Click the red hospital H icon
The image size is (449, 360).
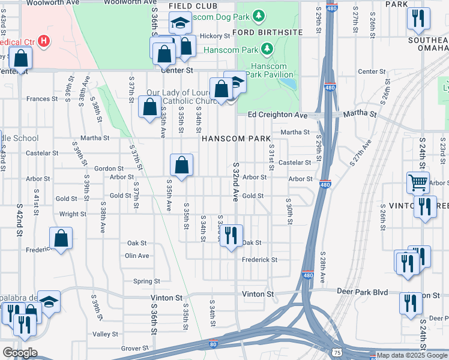[x=43, y=41]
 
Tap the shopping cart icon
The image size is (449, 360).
[x=418, y=181]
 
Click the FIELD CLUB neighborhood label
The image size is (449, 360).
[x=188, y=6]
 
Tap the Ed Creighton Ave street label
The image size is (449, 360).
[x=277, y=115]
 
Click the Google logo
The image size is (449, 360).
[x=20, y=353]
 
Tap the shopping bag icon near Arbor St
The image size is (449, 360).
[x=181, y=164]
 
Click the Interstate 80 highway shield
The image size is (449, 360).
[x=214, y=344]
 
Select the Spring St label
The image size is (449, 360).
[x=146, y=281]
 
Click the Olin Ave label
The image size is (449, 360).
[x=137, y=256]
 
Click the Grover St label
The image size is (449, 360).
[x=134, y=348]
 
